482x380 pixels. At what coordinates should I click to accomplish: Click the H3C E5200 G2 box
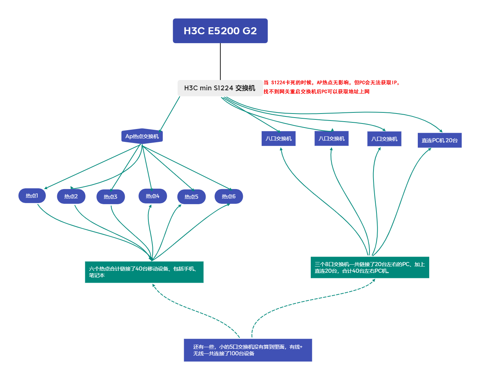[x=220, y=31]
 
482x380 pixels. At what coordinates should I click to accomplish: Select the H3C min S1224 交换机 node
[x=220, y=88]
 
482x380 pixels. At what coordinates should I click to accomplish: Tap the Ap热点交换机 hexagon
[x=142, y=136]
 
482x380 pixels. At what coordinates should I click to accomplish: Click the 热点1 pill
[x=32, y=195]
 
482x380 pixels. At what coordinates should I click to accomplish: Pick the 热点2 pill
[x=71, y=196]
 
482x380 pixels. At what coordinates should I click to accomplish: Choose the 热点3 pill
[x=111, y=196]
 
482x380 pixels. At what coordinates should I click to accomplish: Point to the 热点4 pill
[x=153, y=196]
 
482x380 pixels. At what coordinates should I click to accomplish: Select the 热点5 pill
[x=192, y=196]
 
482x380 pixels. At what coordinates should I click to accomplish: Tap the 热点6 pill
[x=229, y=196]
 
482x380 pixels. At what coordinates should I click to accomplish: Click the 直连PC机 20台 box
[x=440, y=140]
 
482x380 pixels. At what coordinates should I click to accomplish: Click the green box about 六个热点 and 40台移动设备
[x=144, y=272]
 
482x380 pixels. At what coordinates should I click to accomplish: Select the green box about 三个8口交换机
[x=370, y=267]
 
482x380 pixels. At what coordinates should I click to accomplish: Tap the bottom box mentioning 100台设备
[x=248, y=350]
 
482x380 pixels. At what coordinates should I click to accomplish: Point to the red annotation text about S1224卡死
[x=331, y=87]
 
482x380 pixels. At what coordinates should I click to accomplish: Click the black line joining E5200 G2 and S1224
[x=220, y=62]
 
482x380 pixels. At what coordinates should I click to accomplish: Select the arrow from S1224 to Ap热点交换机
[x=169, y=114]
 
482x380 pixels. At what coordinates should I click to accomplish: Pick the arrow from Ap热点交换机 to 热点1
[x=92, y=167]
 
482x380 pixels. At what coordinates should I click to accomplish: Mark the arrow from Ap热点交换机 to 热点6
[x=187, y=168]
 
